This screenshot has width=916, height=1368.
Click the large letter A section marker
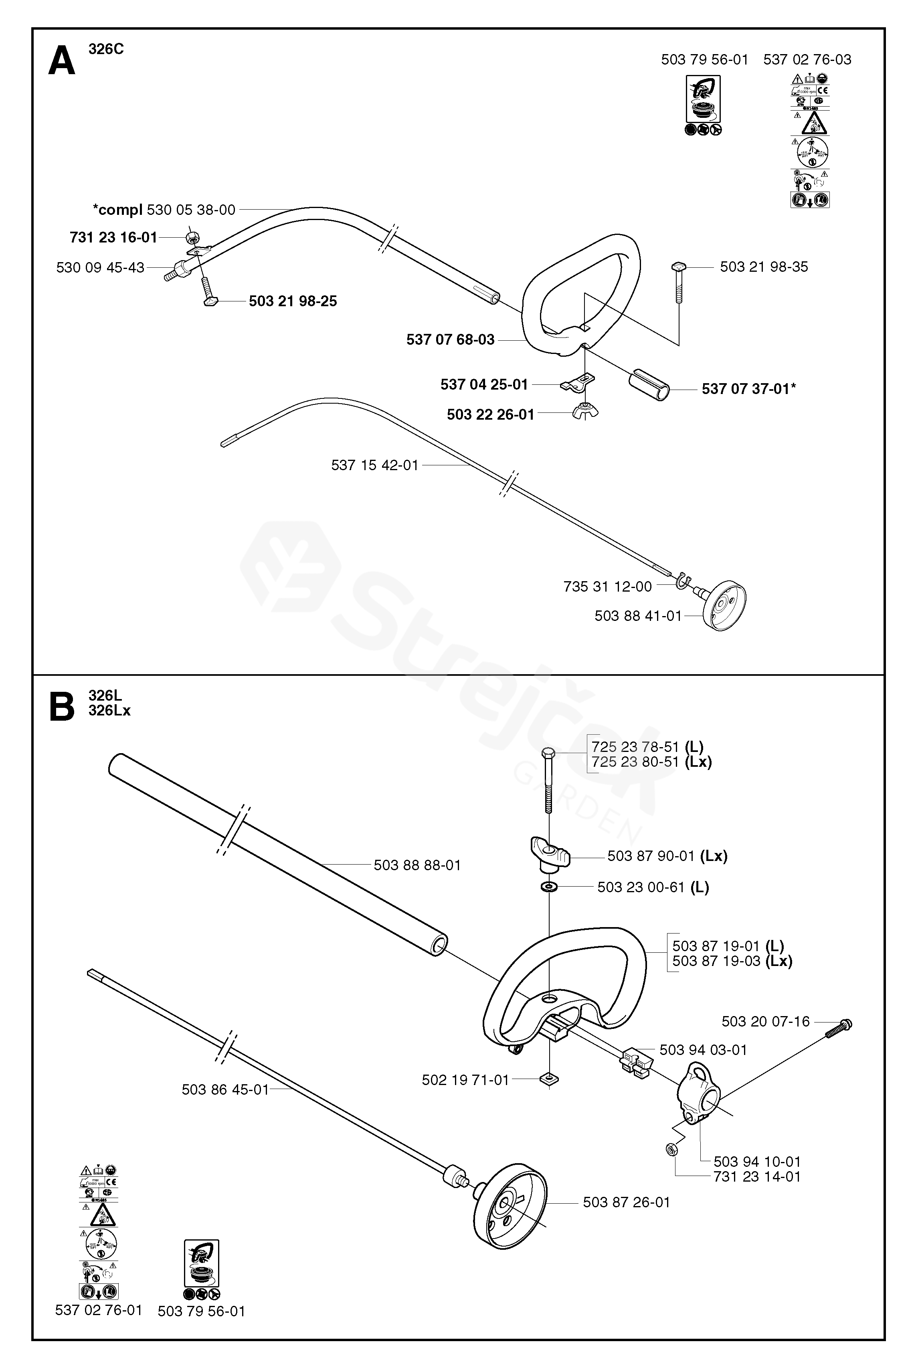tap(61, 61)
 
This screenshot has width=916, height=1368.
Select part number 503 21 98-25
tap(293, 301)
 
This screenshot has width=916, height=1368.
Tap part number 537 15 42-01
tap(374, 465)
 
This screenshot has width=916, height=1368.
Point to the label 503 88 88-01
tap(417, 865)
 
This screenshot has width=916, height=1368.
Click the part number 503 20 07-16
tap(765, 1022)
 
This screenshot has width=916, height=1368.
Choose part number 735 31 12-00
tap(607, 586)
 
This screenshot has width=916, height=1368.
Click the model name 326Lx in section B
tap(109, 711)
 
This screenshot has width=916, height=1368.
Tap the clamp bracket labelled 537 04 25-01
tap(578, 383)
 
